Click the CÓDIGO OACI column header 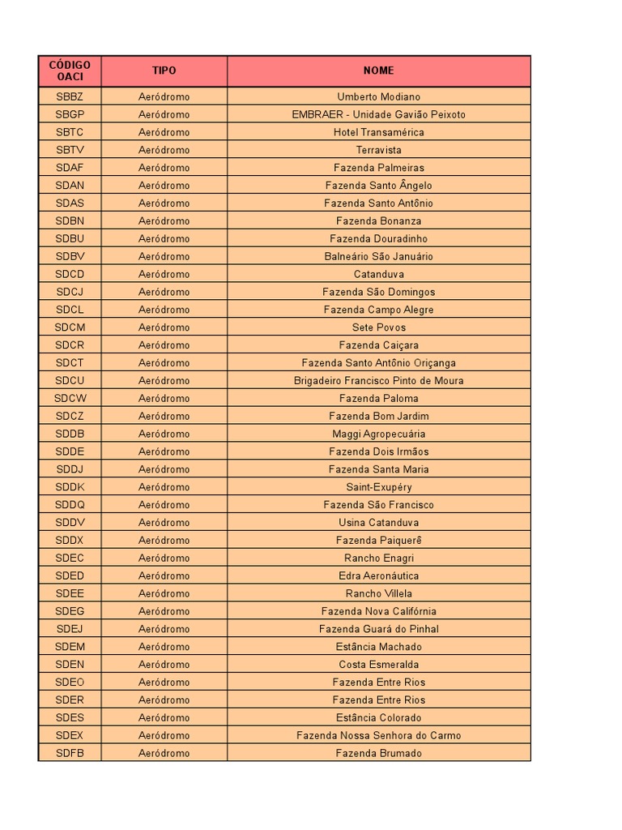pos(70,71)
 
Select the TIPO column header pos(164,71)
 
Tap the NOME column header pos(378,71)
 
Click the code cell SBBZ pos(70,96)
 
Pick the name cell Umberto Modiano pos(378,96)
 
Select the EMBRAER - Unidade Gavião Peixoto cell pos(378,114)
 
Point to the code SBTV pos(70,150)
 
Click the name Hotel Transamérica pos(378,132)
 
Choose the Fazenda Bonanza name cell pos(378,220)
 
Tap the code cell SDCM pos(70,327)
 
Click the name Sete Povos pos(378,327)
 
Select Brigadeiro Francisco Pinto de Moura pos(378,380)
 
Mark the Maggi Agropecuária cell pos(378,434)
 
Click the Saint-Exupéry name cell pos(378,487)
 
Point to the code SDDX pos(70,540)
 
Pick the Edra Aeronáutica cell pos(378,575)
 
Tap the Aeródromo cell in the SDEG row pos(164,611)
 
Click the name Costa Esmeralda pos(378,665)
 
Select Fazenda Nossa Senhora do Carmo pos(378,735)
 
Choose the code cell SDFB pos(70,753)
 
